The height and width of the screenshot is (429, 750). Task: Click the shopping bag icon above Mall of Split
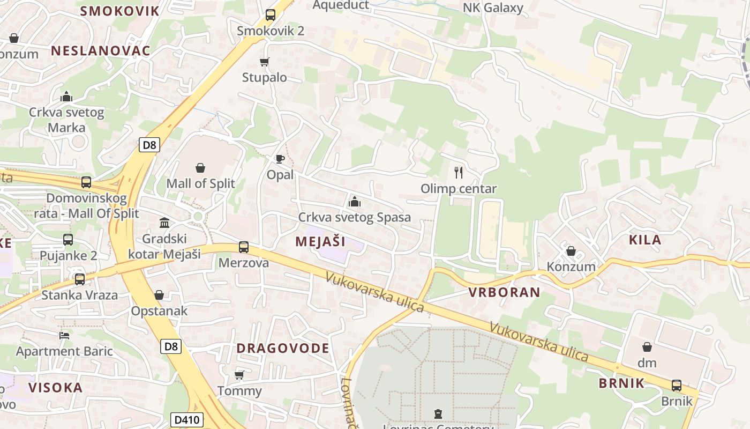coord(200,168)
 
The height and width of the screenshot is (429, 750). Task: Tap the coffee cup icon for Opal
coord(280,159)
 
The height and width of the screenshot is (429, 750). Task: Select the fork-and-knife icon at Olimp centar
coord(458,173)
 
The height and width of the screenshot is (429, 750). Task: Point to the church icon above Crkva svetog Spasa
coord(354,202)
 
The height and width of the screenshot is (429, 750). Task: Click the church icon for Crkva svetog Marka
coord(66,97)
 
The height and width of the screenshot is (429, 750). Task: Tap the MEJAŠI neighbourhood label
coord(320,241)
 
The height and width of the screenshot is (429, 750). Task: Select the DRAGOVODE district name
coord(283,348)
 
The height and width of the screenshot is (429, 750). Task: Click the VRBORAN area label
coord(504,292)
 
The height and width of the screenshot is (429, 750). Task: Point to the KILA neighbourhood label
coord(645,240)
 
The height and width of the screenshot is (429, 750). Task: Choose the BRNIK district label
coord(621,383)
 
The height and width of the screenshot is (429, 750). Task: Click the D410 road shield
coord(187,419)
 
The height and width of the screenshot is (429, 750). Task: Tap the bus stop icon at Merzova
coord(244,247)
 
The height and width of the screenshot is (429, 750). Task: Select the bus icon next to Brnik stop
coord(677,385)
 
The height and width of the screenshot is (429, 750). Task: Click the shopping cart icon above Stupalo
coord(264,62)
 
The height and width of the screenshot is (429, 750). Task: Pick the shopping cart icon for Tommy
coord(239,375)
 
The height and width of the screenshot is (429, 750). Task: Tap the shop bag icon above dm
coord(647,347)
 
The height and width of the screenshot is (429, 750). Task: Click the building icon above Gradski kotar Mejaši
coord(164,223)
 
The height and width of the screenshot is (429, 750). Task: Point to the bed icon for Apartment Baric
coord(64,336)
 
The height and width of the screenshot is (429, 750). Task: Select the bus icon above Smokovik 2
coord(271,15)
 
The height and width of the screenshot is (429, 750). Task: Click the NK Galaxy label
coord(493,8)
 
